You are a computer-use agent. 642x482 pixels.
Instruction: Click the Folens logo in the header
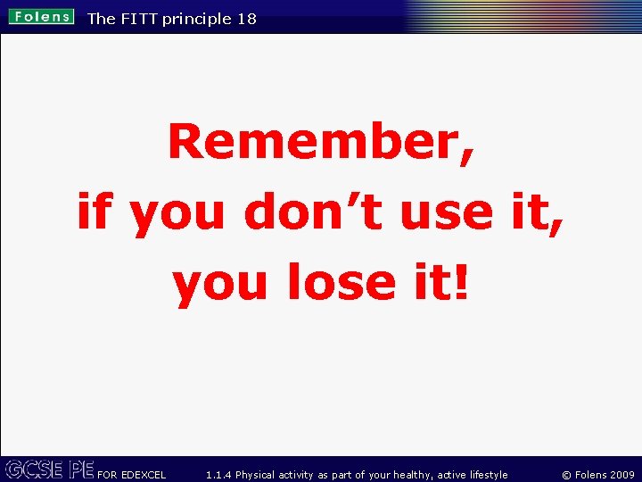click(42, 17)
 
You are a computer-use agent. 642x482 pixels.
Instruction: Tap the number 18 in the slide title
click(246, 19)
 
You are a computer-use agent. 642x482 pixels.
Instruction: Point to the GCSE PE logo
click(49, 470)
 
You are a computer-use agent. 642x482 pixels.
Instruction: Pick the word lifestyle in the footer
click(484, 475)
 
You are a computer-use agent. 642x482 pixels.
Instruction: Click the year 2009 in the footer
click(621, 475)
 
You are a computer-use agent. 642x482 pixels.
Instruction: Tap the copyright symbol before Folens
click(567, 475)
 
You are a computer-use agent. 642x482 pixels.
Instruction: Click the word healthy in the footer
click(410, 475)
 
